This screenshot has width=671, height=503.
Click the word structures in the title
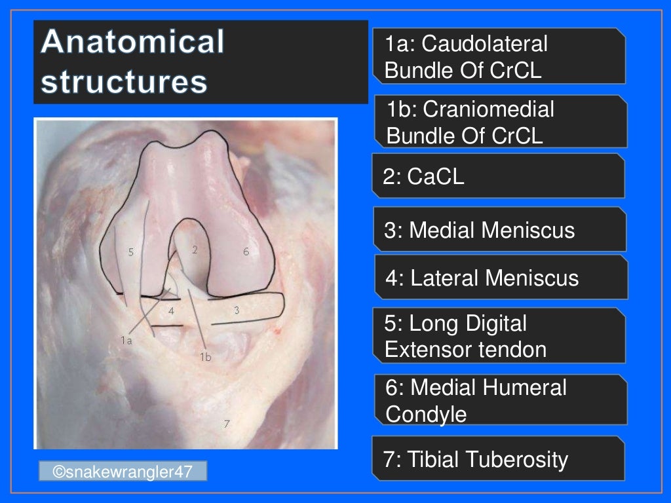click(125, 83)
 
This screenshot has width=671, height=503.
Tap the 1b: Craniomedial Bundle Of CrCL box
click(501, 122)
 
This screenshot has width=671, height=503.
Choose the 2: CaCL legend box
click(498, 176)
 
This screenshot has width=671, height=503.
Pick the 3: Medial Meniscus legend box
click(499, 230)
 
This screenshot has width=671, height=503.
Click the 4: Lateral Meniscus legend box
click(501, 278)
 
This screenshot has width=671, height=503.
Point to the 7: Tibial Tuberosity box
click(498, 459)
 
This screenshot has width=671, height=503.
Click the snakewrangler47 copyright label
click(123, 471)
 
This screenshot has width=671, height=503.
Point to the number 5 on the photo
click(131, 252)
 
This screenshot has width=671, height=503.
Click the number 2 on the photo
click(195, 249)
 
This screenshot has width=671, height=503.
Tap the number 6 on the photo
click(246, 251)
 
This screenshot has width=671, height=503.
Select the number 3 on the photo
click(236, 310)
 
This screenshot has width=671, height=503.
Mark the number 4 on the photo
click(171, 311)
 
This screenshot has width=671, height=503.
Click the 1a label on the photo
click(126, 340)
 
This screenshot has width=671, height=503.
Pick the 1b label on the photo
click(205, 356)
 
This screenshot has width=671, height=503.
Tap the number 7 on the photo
click(226, 423)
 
